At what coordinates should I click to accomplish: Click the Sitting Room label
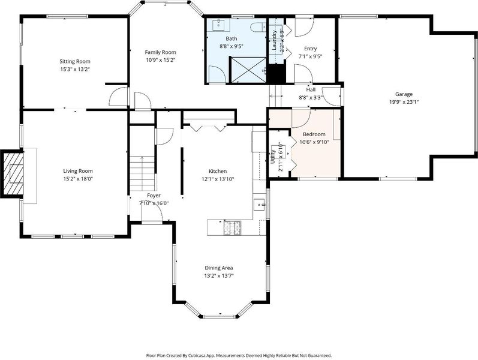click(75, 61)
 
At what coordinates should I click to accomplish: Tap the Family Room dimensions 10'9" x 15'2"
click(160, 60)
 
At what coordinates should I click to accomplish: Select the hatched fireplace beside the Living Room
click(12, 173)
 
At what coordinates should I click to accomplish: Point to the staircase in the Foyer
click(143, 173)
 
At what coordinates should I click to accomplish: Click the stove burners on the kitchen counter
click(232, 228)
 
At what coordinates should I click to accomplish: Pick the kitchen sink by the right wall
click(260, 204)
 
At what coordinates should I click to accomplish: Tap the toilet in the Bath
click(258, 27)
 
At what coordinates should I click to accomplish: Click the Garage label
click(404, 94)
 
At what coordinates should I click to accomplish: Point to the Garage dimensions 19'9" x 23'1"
click(404, 102)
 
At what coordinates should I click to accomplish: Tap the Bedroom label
click(314, 134)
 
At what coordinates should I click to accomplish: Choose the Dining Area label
click(219, 268)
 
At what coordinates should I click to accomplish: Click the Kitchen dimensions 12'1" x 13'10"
click(218, 179)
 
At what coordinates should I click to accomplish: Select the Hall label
click(311, 89)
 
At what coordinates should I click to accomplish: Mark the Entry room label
click(310, 49)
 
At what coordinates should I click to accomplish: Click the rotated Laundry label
click(274, 40)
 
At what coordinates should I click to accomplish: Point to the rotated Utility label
click(273, 157)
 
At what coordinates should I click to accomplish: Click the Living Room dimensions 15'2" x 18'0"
click(78, 179)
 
